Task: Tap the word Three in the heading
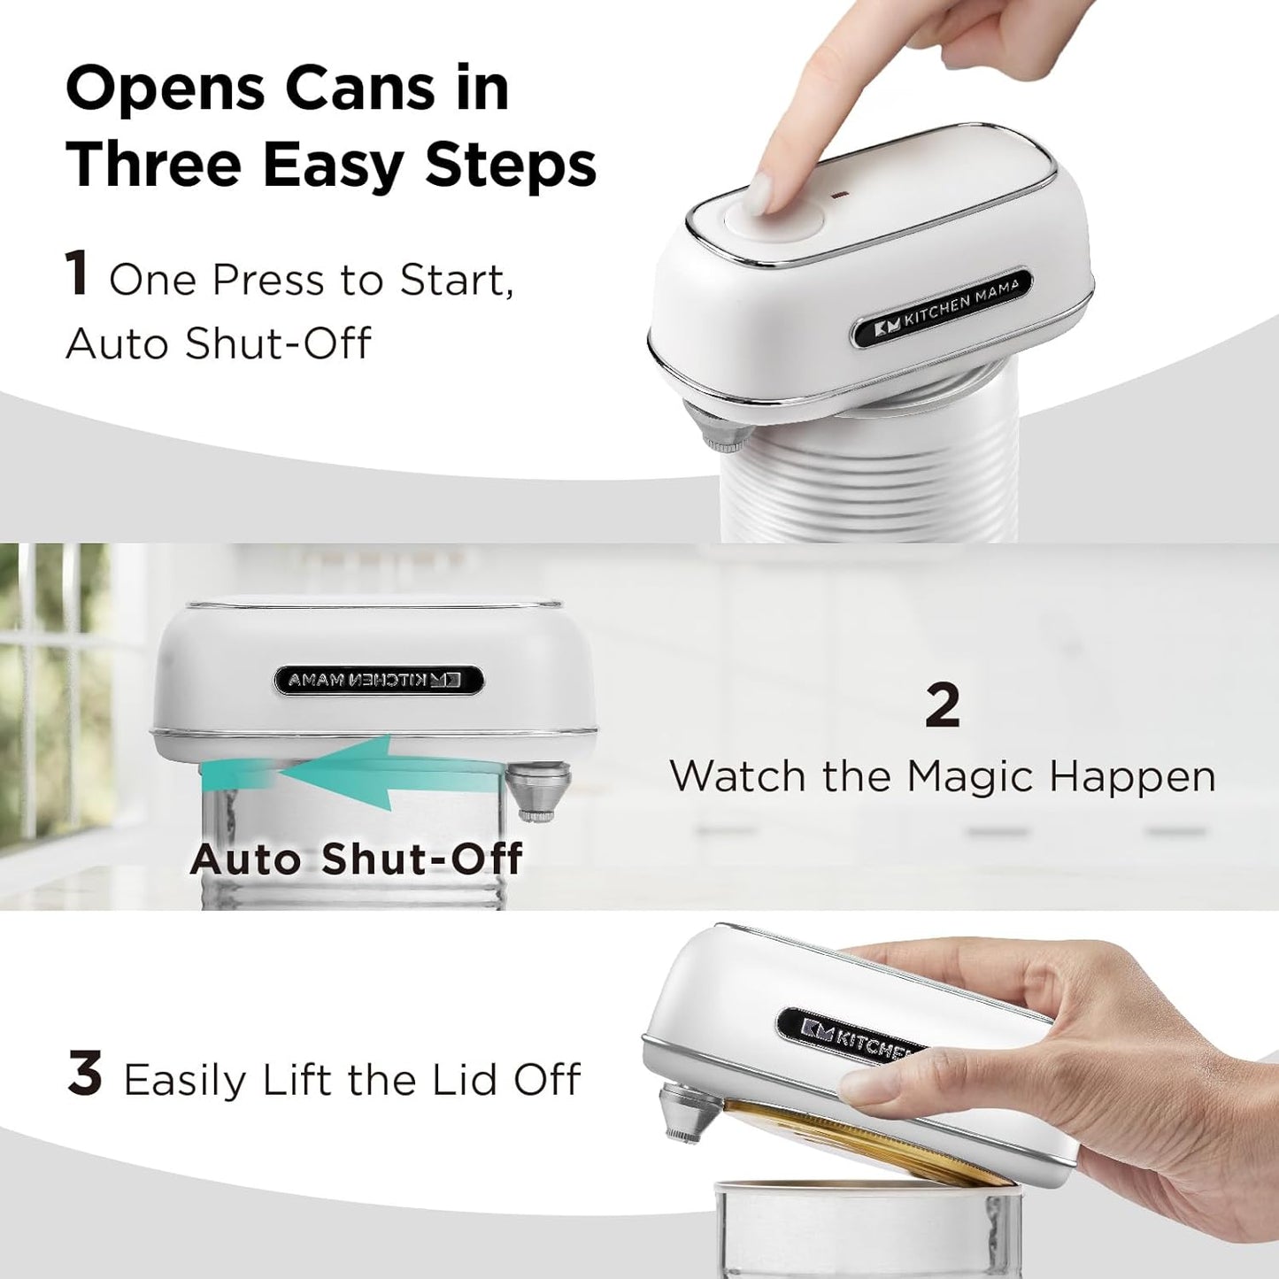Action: tap(153, 166)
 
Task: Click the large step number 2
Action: tap(942, 705)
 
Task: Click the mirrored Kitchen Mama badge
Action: tap(379, 680)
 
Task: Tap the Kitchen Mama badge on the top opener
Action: tap(942, 307)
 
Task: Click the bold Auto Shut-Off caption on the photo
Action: tap(356, 859)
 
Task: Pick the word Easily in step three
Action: tap(184, 1080)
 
